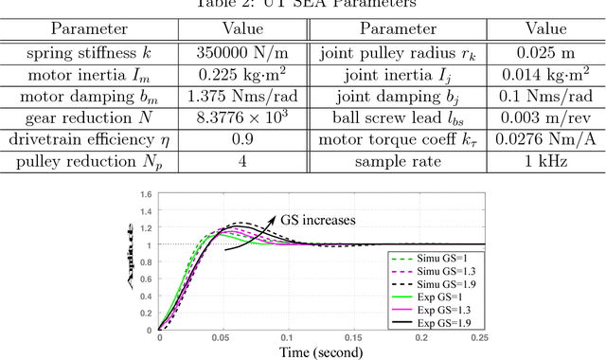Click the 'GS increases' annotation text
point(317,220)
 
